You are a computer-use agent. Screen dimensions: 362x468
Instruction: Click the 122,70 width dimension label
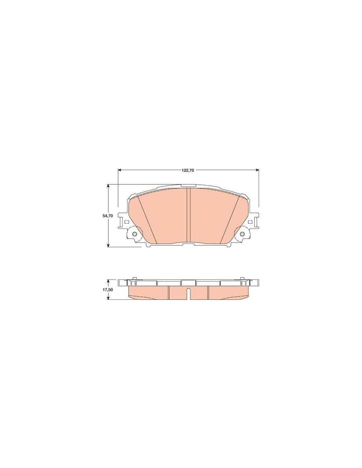click(x=188, y=170)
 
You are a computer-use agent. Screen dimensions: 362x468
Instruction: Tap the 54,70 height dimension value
click(x=108, y=216)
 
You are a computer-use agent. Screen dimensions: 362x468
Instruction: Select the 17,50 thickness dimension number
click(x=108, y=290)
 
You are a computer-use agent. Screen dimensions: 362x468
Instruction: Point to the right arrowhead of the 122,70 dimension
click(x=257, y=170)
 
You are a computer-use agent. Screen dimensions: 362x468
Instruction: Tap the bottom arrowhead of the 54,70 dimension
click(x=109, y=245)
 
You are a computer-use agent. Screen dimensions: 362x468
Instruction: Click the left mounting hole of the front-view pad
click(x=135, y=234)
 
